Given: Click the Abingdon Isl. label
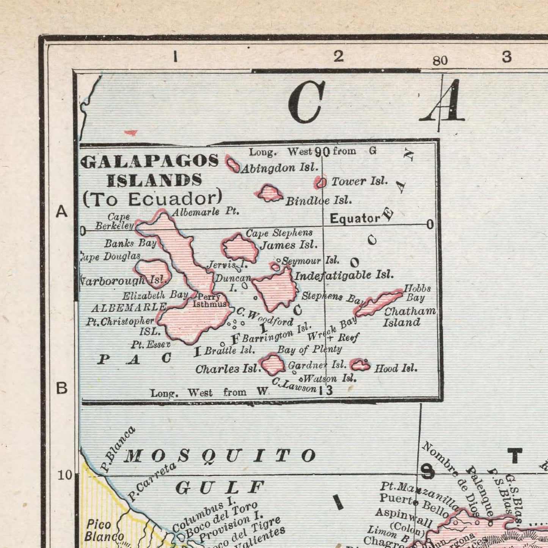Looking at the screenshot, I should coord(280,168).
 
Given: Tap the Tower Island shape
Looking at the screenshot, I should coord(321,183).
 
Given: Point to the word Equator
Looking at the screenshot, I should coord(355,219).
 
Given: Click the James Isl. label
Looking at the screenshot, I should coord(289,245).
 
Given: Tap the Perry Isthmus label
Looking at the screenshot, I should coord(209,300).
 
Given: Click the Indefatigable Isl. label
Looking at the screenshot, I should coord(344,275).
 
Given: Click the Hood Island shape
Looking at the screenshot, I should coord(360,366).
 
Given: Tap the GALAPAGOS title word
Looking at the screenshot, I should coord(150,161).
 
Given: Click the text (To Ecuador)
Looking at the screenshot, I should coord(152,199).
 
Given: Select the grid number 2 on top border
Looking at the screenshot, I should coord(338,57).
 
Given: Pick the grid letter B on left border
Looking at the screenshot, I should coord(62,388).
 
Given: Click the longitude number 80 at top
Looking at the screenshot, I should coord(440,60).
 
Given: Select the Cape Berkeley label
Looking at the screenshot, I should coord(115,221).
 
